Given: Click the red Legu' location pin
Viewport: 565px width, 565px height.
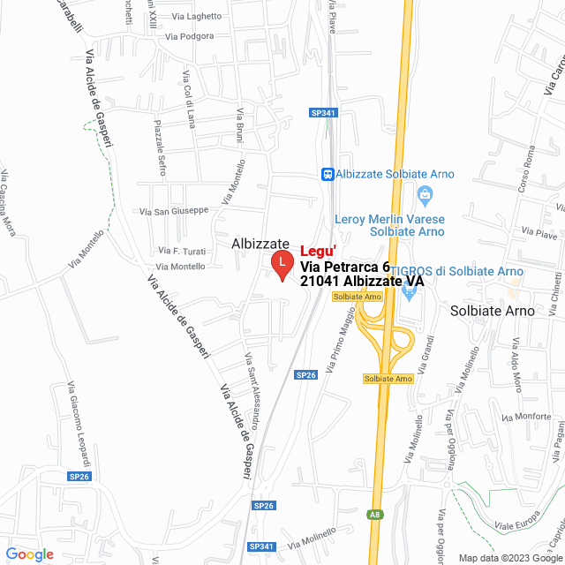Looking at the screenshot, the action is point(282,264).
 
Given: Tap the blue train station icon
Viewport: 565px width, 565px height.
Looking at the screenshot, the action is point(328,174).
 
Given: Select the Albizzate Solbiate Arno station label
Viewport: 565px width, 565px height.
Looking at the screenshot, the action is point(395,174).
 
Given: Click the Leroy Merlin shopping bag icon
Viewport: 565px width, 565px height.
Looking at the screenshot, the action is point(425,194).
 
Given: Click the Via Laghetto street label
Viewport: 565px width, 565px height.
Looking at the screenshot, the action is point(197,16).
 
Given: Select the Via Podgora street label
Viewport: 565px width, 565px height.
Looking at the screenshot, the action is point(189,36).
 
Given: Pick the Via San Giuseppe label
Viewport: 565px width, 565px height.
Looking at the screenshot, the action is point(174,211).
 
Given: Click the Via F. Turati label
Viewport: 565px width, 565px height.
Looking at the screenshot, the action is point(182,251).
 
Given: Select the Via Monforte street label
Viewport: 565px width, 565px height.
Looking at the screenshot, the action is point(525,417).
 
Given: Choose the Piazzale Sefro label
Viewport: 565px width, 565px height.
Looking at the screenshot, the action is point(160,147).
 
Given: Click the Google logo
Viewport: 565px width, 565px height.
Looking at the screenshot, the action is point(29,554).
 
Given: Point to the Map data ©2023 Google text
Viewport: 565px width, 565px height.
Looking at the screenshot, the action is point(508,557).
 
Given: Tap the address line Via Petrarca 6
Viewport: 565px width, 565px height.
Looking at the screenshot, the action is point(344,267).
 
